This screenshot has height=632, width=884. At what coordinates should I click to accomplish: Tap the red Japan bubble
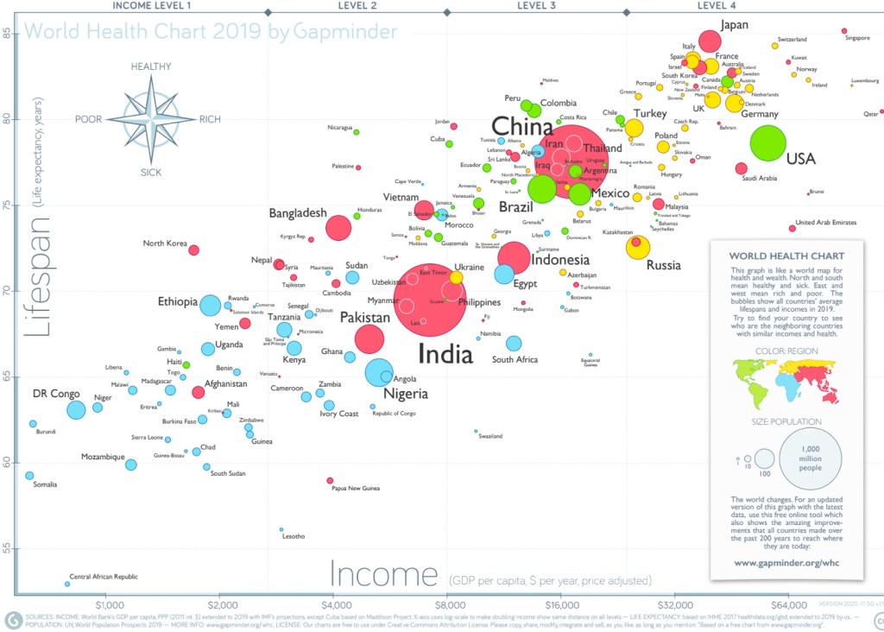[710, 41]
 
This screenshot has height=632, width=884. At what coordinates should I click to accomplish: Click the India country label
[445, 354]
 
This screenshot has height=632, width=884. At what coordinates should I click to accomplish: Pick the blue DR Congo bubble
[76, 410]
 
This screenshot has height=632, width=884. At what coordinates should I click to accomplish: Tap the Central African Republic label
[104, 577]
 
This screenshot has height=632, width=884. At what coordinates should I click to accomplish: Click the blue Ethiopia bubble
[210, 305]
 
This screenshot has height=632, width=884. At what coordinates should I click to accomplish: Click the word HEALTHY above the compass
[152, 66]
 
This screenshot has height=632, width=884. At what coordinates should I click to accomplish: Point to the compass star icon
[151, 119]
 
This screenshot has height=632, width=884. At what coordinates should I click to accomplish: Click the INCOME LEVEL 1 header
[152, 5]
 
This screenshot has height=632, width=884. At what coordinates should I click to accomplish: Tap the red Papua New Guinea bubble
[330, 480]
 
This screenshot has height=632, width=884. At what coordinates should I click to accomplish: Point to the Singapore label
[857, 38]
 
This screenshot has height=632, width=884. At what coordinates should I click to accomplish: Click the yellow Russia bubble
[638, 248]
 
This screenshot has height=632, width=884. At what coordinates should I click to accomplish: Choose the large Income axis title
[384, 574]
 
